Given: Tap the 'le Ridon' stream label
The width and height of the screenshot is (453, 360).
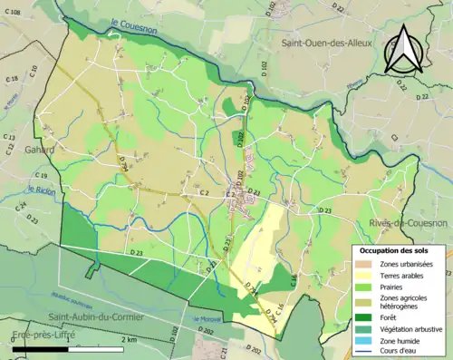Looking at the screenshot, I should pyautogui.click(x=42, y=190).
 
